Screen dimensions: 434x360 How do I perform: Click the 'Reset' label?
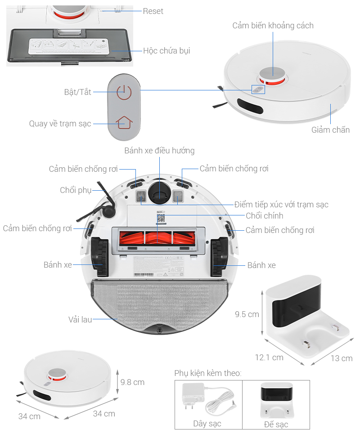pos(153,11)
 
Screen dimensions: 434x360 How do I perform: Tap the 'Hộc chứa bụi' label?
pos(166,51)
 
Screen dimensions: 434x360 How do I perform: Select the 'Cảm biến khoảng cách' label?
pos(273,26)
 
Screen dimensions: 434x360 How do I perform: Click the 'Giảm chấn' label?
pos(330,130)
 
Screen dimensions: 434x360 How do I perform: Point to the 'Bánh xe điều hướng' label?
pos(159,151)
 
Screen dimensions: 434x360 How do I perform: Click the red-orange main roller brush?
pos(158,237)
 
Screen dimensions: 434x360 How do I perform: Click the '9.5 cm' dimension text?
pos(247,314)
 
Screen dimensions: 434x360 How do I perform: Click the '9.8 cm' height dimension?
pos(132,382)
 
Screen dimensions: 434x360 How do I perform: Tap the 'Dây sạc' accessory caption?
pos(207,424)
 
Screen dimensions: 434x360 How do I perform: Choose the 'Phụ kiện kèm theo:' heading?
pos(208,373)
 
